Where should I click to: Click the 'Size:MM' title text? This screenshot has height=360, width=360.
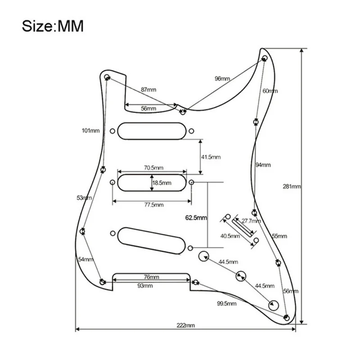click(53, 26)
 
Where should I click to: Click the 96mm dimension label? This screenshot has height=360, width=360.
click(222, 79)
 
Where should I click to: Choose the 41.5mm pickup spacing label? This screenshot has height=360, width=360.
click(211, 157)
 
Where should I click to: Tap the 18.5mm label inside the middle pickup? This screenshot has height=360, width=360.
click(162, 183)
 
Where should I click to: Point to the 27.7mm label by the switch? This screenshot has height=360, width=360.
click(251, 221)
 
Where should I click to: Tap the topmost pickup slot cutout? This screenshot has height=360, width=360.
click(151, 131)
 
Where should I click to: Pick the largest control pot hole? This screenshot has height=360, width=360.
click(203, 256)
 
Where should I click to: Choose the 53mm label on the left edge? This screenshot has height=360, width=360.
click(84, 198)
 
